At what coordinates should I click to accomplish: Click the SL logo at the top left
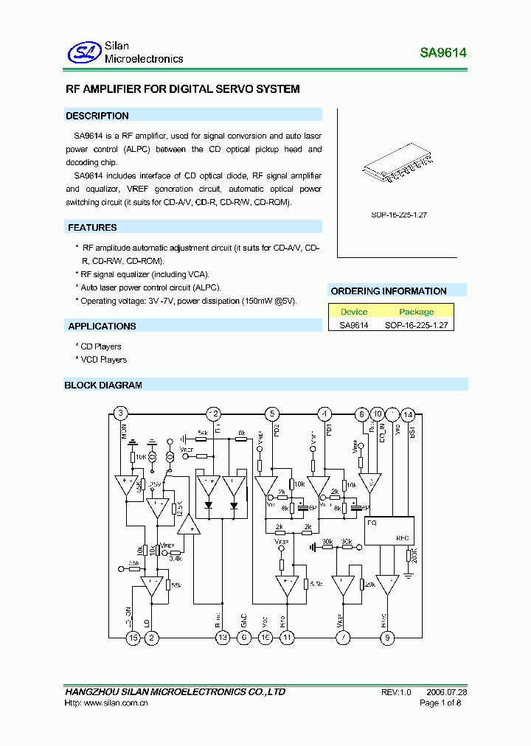click(83, 52)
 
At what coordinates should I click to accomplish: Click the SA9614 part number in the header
click(443, 53)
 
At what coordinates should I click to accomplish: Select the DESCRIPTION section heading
click(97, 116)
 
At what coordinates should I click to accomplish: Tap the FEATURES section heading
click(93, 228)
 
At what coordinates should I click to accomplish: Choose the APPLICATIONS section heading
click(103, 326)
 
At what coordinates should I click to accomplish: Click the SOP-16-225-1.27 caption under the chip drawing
click(400, 215)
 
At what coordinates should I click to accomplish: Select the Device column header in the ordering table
click(354, 312)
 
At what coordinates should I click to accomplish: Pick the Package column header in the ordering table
click(417, 312)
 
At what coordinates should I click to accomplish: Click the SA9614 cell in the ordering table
click(354, 324)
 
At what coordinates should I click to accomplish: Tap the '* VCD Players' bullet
click(101, 360)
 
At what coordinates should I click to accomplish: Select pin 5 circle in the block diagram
click(272, 414)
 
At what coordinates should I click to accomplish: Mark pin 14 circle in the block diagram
click(408, 414)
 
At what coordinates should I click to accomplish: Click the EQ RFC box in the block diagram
click(388, 529)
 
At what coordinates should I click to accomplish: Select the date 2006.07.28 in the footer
click(447, 692)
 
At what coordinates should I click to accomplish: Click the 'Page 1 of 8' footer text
click(440, 704)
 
